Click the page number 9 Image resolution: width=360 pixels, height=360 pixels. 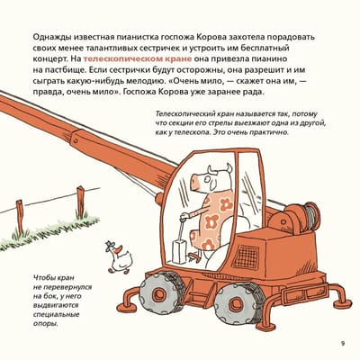tap(343, 344)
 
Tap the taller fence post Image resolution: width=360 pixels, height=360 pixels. tap(80, 202)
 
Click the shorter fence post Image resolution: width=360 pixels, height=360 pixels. tap(20, 217)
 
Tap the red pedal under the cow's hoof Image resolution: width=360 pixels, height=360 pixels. tap(195, 256)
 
